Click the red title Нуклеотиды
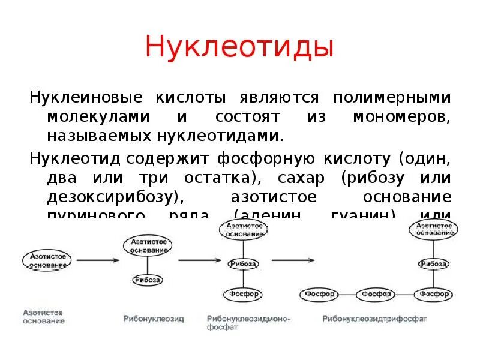pyautogui.click(x=239, y=47)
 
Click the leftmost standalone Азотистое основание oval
pyautogui.click(x=47, y=260)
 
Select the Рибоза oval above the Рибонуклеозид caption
pyautogui.click(x=147, y=280)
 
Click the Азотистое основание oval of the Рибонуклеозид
pyautogui.click(x=147, y=245)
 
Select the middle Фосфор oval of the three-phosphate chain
pyautogui.click(x=376, y=294)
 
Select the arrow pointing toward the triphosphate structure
pyautogui.click(x=292, y=260)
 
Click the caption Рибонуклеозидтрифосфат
pyautogui.click(x=375, y=319)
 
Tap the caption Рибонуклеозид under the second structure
pyautogui.click(x=154, y=319)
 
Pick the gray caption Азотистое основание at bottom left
pyautogui.click(x=43, y=317)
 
